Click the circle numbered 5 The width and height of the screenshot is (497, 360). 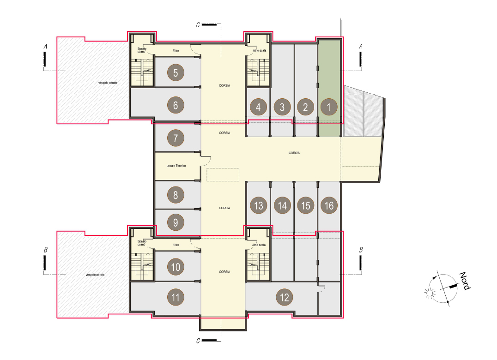176,73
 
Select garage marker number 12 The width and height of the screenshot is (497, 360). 285,297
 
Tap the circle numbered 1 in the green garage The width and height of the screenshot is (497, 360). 329,107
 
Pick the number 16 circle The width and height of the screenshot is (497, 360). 329,205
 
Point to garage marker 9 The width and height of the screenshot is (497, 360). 176,222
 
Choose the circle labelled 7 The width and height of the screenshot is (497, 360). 176,138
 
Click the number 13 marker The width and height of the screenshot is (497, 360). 258,205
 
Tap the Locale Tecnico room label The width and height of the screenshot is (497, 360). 176,166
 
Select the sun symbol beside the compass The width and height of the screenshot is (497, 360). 430,293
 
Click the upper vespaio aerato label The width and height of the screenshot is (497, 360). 108,83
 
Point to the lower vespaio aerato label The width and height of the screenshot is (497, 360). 95,275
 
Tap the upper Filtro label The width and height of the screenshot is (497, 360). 176,51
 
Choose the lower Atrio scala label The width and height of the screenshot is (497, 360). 259,245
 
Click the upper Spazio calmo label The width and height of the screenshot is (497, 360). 142,50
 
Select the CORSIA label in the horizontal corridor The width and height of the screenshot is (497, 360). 294,153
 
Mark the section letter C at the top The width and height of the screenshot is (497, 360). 198,25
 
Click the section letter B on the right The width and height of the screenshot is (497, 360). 361,250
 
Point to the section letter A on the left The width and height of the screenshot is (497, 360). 45,47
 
